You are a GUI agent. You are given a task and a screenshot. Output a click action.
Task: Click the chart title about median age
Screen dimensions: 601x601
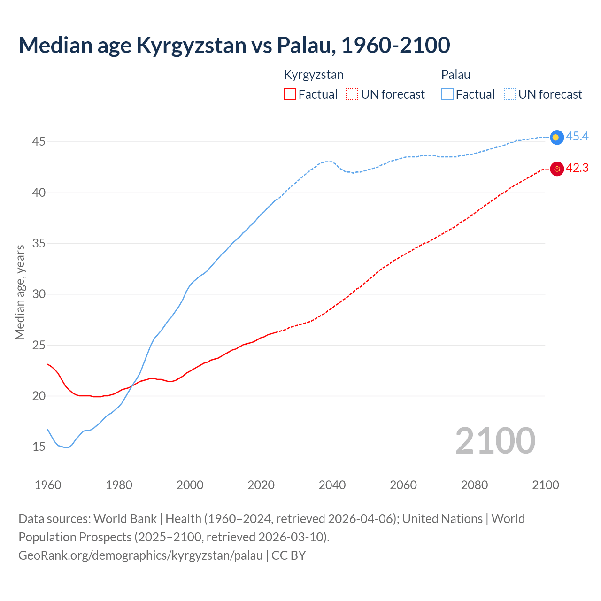[x=234, y=45]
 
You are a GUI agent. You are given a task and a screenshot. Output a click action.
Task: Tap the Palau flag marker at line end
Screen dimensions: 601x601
[x=556, y=137]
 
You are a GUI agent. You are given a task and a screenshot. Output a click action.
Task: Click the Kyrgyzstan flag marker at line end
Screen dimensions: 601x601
[x=556, y=169]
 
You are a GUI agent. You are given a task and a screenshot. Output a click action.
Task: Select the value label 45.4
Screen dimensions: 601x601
[x=577, y=137]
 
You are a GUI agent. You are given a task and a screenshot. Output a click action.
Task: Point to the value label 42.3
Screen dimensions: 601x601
[x=577, y=168]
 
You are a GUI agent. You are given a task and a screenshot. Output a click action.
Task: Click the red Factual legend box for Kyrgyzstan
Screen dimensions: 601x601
[x=290, y=94]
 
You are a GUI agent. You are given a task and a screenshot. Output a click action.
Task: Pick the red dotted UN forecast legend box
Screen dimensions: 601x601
[x=352, y=94]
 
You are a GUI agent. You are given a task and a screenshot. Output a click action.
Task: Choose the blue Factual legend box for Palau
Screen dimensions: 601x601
[x=447, y=94]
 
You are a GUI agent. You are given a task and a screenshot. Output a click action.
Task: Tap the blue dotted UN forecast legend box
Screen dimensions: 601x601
[x=510, y=94]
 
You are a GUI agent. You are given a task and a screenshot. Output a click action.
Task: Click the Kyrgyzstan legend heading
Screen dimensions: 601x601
[x=314, y=75]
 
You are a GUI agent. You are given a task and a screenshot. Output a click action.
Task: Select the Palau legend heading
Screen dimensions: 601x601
[x=455, y=75]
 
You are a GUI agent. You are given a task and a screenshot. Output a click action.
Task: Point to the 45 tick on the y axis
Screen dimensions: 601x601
[x=39, y=142]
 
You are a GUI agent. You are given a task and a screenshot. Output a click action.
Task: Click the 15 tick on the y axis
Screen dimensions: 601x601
[x=39, y=447]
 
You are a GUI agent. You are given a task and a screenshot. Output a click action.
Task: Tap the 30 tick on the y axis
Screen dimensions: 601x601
[x=39, y=294]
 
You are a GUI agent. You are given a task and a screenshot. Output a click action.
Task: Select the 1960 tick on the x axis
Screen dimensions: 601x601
[x=48, y=485]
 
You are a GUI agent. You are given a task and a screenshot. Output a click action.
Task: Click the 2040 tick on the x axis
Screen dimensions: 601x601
[x=332, y=485]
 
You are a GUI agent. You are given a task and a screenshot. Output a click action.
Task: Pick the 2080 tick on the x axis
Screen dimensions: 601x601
[x=474, y=485]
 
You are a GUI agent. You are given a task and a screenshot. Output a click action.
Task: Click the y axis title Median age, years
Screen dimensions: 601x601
[x=20, y=292]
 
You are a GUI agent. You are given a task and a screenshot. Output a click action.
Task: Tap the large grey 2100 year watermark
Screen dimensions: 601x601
[x=495, y=441]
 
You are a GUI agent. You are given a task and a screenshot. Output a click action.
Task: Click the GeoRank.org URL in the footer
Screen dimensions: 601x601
[x=140, y=555]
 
